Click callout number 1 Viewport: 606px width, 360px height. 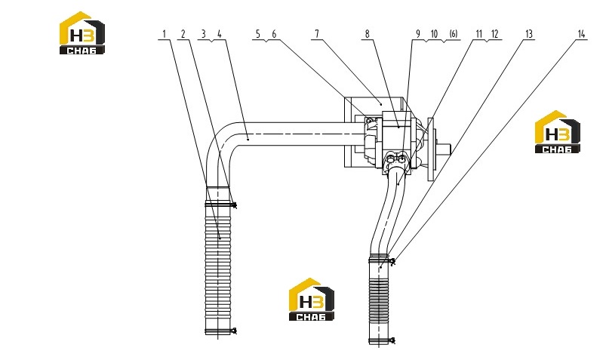(x=164, y=34)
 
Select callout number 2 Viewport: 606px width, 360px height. (x=183, y=34)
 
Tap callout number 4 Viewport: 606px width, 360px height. (x=220, y=34)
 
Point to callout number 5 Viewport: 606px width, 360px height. (x=258, y=34)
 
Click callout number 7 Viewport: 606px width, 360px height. (x=317, y=34)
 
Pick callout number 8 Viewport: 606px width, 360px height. (x=368, y=34)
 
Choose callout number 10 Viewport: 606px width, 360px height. (x=434, y=34)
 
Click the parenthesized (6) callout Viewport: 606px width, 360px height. (x=454, y=34)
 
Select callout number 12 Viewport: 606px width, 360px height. (x=495, y=34)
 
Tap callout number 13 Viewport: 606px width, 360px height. (x=529, y=34)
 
